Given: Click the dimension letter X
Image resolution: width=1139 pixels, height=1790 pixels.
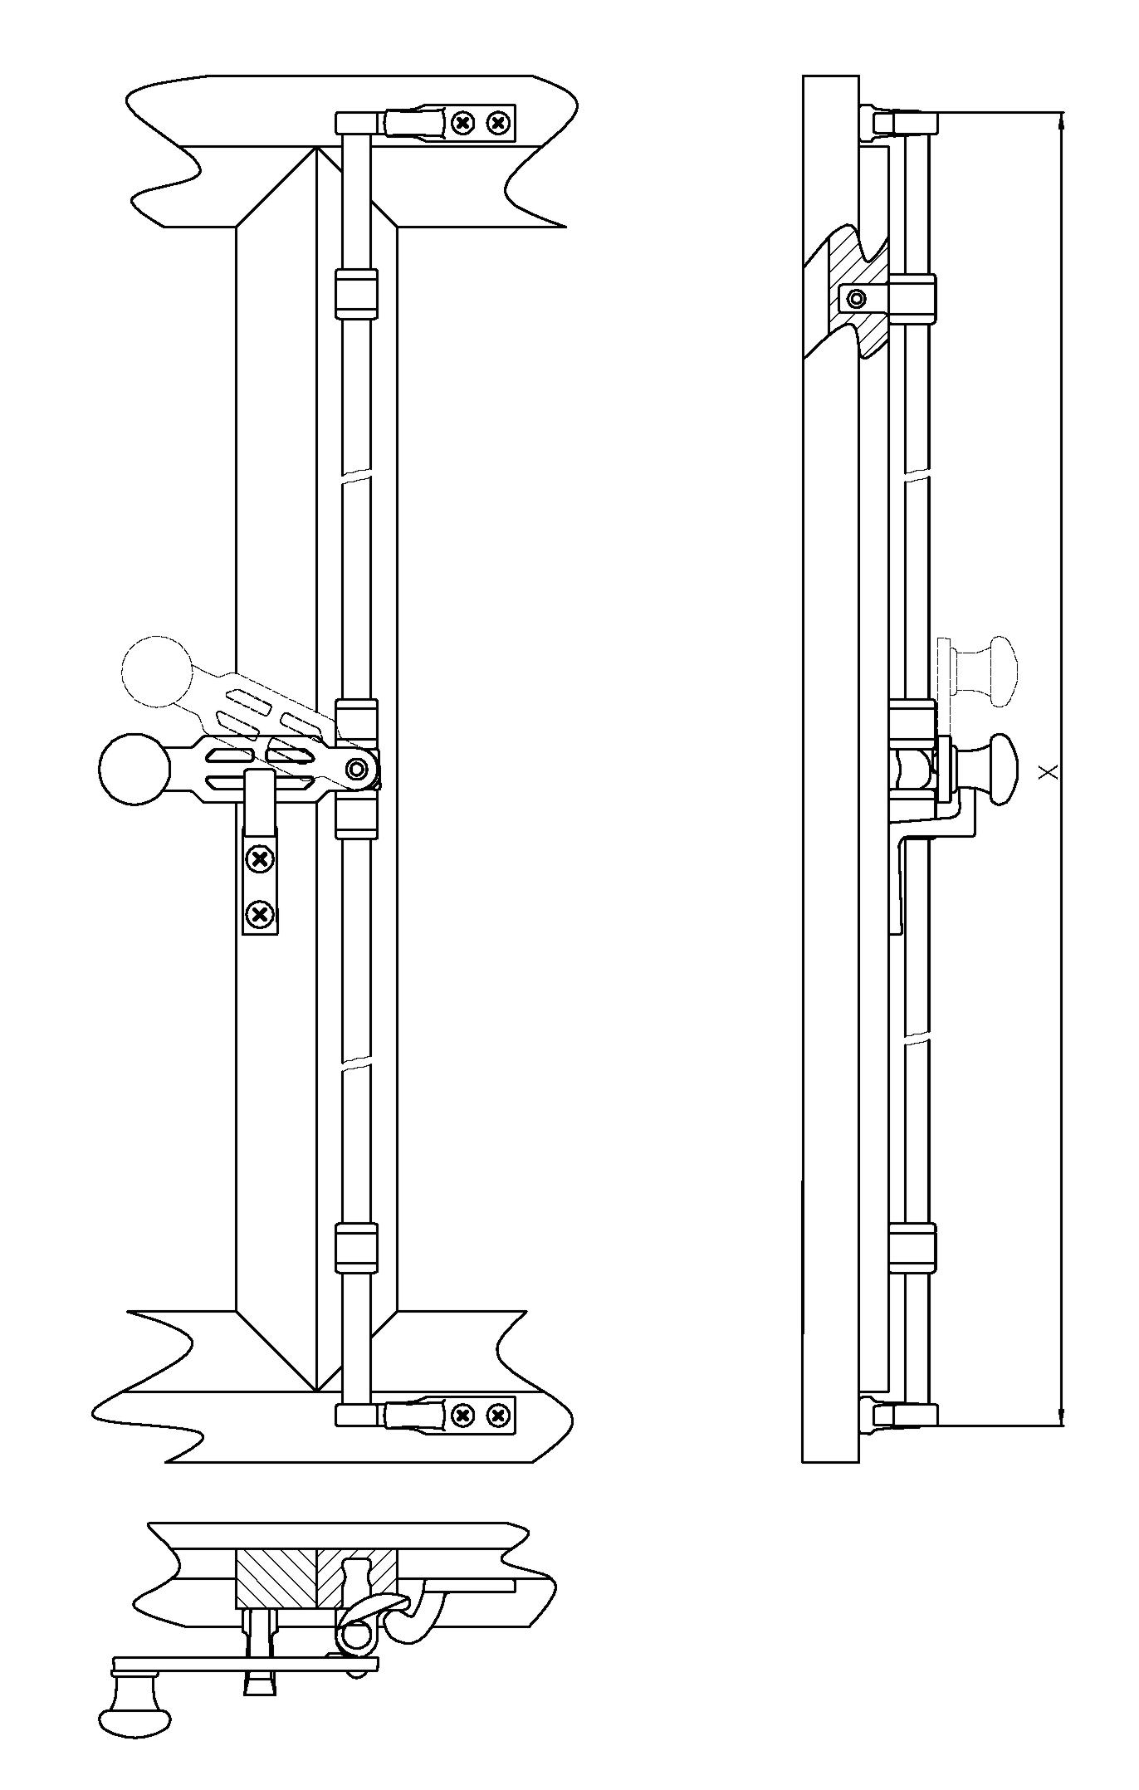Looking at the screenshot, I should point(1050,772).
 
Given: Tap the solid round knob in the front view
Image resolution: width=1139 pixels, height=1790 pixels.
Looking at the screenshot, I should point(133,769).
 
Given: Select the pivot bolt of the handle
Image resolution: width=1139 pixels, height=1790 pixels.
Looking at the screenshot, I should point(358,770).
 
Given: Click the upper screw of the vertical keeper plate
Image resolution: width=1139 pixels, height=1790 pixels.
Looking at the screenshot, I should point(261,858).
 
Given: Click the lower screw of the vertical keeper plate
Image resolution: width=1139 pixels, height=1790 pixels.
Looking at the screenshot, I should point(261,915).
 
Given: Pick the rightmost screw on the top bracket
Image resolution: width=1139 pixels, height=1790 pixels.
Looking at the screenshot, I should point(497,124).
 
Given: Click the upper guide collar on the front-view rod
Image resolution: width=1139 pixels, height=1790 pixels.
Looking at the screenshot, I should point(356,293).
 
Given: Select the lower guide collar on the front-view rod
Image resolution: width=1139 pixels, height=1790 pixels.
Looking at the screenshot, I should point(356,1248).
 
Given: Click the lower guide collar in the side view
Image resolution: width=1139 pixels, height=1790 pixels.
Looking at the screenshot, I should point(912,1248).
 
